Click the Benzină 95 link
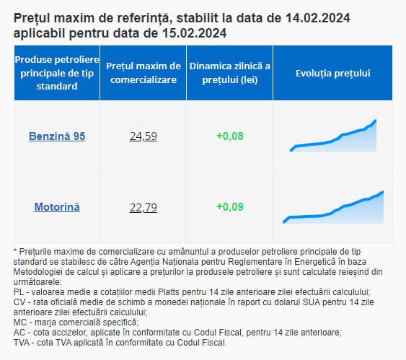(x=57, y=136)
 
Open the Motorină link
(x=57, y=207)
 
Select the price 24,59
(x=144, y=136)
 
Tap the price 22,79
(x=144, y=208)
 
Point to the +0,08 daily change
(x=230, y=136)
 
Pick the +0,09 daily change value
(x=230, y=206)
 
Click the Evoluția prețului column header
(x=333, y=74)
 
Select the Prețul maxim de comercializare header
(x=144, y=73)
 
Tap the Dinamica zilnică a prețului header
(x=230, y=73)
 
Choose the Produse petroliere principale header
(x=57, y=73)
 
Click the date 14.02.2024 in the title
(x=318, y=18)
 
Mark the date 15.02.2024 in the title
(x=195, y=33)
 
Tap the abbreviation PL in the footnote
(x=18, y=292)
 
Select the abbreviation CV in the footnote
(x=19, y=302)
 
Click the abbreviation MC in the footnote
(x=19, y=322)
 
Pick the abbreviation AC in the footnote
(x=19, y=333)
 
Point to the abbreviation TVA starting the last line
(x=21, y=343)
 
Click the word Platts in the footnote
(x=169, y=292)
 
